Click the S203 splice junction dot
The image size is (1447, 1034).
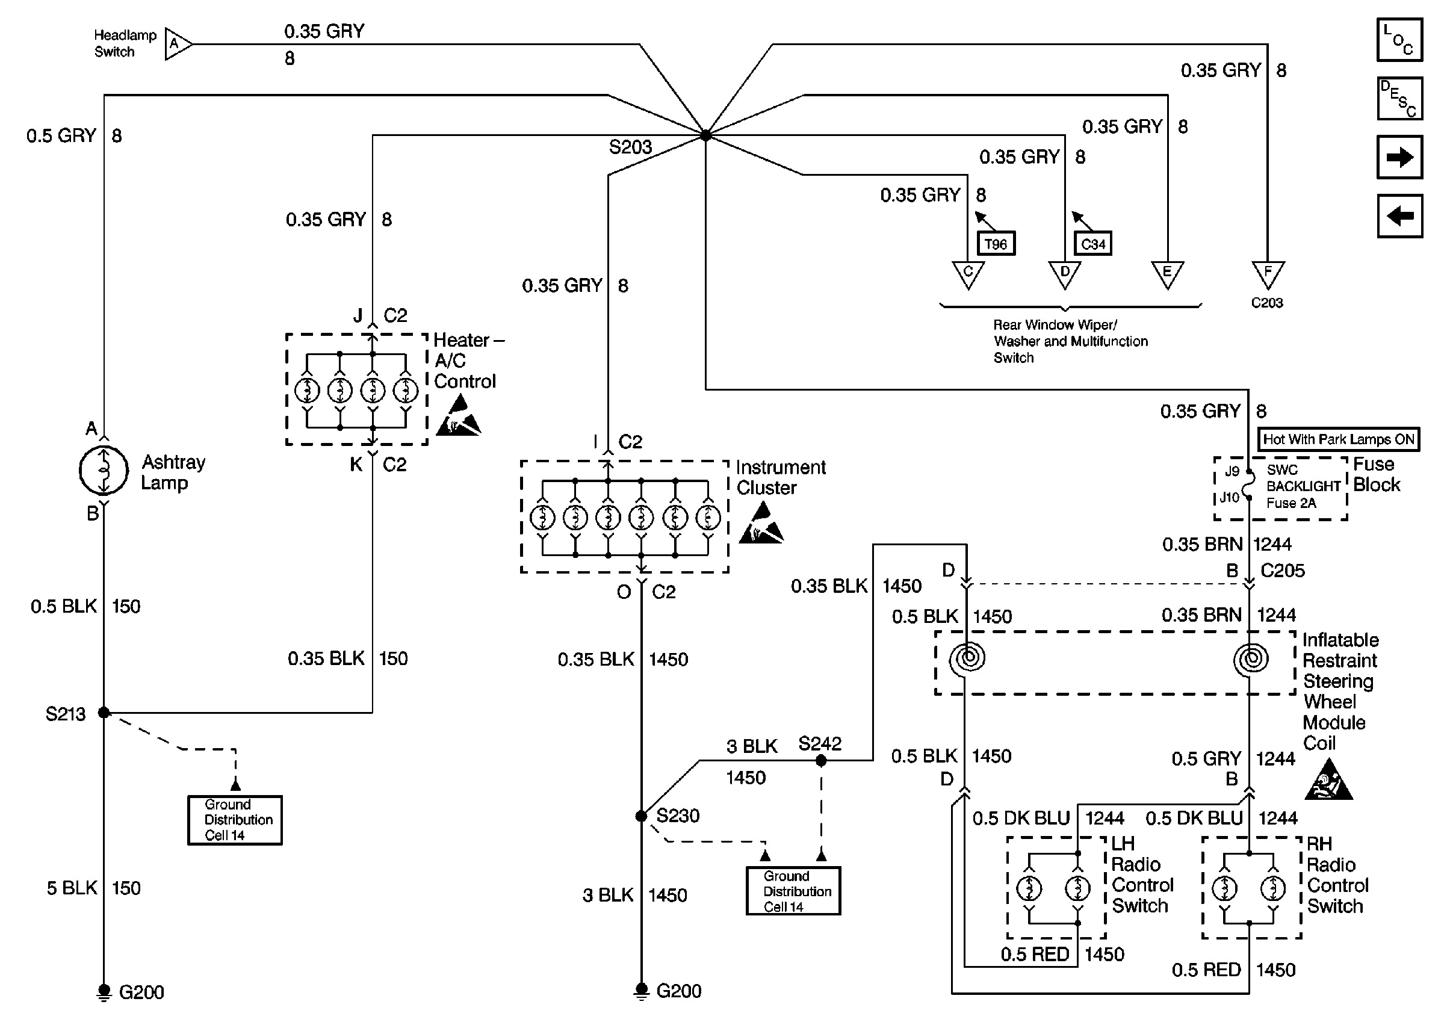[x=705, y=135]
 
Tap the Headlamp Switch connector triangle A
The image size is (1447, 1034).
[x=177, y=44]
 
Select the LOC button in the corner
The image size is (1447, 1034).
[x=1399, y=40]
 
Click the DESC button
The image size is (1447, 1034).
[x=1399, y=99]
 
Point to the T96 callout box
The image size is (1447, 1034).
[x=996, y=244]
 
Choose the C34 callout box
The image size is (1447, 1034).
[x=1092, y=244]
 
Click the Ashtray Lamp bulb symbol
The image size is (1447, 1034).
[x=104, y=471]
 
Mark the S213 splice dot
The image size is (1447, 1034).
[x=104, y=713]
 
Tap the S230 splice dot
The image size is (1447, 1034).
[x=641, y=816]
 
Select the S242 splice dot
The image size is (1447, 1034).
[x=820, y=761]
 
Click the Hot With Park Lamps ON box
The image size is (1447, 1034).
[x=1338, y=439]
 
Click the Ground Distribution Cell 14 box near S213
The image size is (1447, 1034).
[x=235, y=820]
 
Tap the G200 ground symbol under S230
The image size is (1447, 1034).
[x=641, y=991]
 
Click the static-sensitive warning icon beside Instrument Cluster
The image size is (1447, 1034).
[x=761, y=524]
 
